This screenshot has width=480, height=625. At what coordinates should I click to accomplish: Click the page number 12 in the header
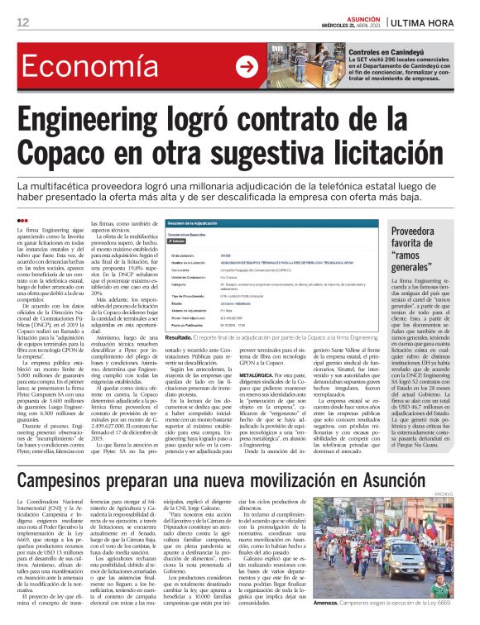pyautogui.click(x=22, y=22)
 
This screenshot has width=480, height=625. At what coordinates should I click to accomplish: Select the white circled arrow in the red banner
pyautogui.click(x=247, y=66)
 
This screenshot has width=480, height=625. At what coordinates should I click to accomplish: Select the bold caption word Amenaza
pyautogui.click(x=397, y=605)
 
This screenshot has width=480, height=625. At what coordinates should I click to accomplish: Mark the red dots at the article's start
pyautogui.click(x=22, y=220)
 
